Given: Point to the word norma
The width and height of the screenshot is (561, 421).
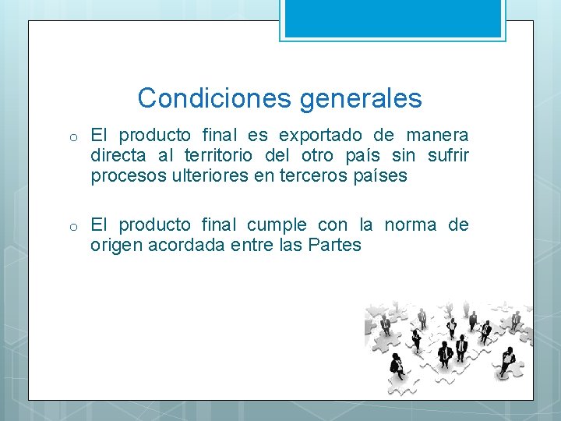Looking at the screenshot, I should coord(411,225).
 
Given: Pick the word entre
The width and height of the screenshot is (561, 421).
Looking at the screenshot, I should coord(249,245).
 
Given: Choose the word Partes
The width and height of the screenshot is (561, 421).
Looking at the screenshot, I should coord(335,245).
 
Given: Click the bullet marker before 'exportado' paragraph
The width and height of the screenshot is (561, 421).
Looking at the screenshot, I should coord(71,137).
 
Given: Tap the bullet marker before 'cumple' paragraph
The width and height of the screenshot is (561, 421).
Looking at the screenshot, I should coord(71,226).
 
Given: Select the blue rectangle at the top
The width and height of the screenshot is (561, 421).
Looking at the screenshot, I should coord(393,18).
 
